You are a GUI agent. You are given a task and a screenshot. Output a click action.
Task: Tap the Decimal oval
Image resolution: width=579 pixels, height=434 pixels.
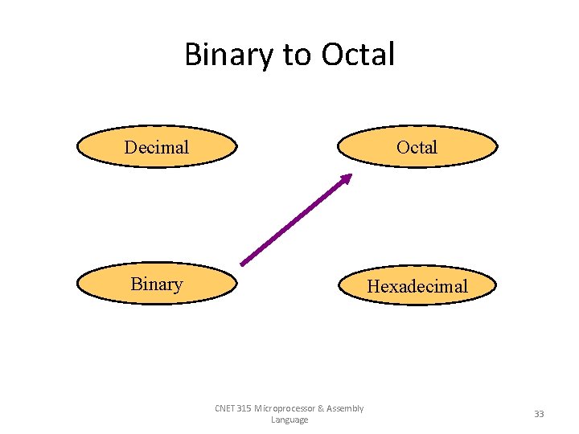157,147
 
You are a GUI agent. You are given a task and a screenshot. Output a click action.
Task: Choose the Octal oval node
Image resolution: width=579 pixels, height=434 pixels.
417,147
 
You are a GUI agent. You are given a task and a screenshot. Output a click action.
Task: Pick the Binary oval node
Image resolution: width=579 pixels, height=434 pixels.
157,284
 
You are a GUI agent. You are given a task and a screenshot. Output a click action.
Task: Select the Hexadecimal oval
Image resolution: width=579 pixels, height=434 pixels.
417,285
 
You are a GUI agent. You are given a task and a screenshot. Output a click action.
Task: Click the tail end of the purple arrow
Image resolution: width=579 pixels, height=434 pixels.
244,262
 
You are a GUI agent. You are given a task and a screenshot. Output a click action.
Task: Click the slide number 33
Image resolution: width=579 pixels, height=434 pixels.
539,414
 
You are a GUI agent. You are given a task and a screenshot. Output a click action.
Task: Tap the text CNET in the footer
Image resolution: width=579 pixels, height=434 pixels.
225,408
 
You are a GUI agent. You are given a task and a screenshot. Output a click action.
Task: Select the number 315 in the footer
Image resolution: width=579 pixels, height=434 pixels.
244,408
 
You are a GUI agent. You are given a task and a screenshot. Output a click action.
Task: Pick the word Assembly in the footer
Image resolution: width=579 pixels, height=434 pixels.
346,408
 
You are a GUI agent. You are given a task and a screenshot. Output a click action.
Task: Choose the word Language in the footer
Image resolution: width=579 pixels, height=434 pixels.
289,420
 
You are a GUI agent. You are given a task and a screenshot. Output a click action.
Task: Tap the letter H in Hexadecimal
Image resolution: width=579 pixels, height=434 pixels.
373,285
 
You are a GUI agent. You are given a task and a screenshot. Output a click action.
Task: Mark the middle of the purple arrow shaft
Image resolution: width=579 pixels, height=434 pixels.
295,220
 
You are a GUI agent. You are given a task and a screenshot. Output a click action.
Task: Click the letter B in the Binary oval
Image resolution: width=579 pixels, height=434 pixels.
136,284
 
